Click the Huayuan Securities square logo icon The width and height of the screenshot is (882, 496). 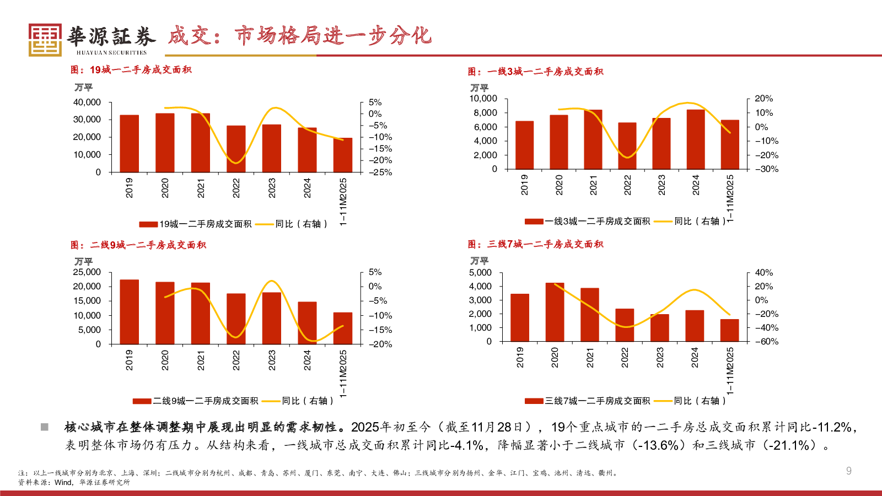(x=45, y=40)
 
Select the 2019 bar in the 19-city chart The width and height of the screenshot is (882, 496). (x=129, y=144)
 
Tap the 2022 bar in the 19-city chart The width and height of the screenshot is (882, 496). (x=236, y=149)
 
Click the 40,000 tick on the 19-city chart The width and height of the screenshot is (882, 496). (x=87, y=103)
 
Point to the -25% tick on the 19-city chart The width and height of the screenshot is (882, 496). (x=380, y=172)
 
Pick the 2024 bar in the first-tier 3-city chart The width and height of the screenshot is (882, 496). (x=696, y=139)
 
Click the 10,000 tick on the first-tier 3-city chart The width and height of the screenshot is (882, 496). (x=483, y=99)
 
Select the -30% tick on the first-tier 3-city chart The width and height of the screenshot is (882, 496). (x=767, y=169)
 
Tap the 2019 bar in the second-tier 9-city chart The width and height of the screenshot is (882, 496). (x=129, y=312)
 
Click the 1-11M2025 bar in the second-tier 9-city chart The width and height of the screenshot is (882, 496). (x=343, y=328)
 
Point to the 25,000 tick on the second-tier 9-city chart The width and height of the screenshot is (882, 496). (x=87, y=272)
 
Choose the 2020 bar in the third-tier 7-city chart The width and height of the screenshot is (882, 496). (x=555, y=312)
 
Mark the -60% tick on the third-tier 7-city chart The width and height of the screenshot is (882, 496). (x=767, y=342)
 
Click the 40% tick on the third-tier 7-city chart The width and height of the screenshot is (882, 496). (x=764, y=273)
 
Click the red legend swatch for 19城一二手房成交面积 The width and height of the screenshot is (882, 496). (x=148, y=224)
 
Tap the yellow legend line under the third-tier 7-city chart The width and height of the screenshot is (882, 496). (x=663, y=401)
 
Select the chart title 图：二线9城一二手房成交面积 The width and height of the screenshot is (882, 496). (x=138, y=245)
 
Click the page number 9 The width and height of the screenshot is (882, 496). (x=849, y=471)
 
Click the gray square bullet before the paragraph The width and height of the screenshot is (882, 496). (x=45, y=427)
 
